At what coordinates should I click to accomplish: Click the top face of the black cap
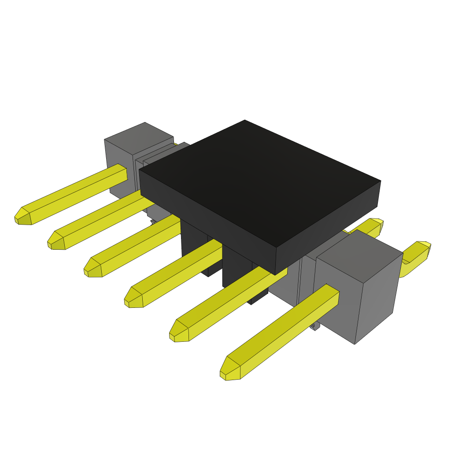(x=260, y=181)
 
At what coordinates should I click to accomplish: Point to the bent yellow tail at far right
(x=416, y=255)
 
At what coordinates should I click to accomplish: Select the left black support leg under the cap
(x=194, y=247)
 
